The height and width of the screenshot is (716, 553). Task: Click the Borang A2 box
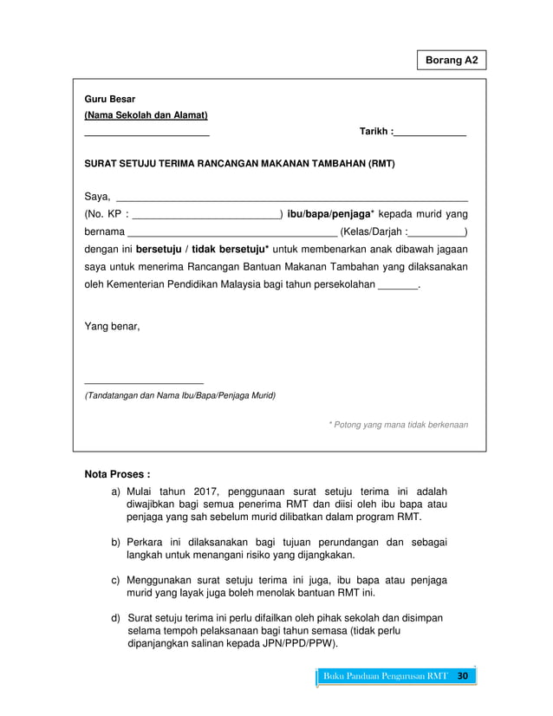click(451, 61)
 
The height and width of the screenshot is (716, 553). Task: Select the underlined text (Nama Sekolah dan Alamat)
click(146, 115)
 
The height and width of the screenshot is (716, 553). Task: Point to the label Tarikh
click(374, 132)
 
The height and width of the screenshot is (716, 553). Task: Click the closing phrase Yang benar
click(112, 327)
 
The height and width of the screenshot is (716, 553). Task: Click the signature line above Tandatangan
click(144, 382)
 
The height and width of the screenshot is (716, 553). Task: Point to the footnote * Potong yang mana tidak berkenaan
click(398, 425)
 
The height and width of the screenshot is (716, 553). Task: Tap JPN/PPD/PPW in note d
click(299, 644)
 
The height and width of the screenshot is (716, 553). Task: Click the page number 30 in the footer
click(462, 676)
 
